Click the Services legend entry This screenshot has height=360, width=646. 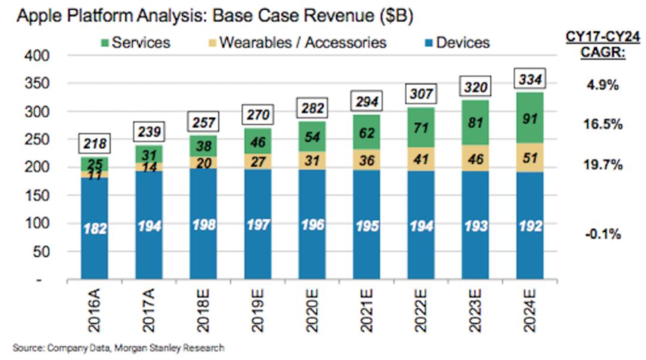click(136, 42)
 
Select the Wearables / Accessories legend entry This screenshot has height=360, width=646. click(297, 42)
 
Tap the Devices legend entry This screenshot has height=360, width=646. click(458, 42)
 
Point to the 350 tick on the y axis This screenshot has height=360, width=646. click(36, 83)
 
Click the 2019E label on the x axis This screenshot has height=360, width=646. click(257, 310)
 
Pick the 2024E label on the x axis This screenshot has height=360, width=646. click(529, 310)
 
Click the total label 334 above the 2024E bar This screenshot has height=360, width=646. click(530, 79)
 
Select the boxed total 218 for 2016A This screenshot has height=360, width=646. click(95, 144)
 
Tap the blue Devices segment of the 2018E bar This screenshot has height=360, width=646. click(203, 224)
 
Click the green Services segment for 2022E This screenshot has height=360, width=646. click(420, 127)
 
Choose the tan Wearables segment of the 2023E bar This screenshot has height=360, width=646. click(475, 158)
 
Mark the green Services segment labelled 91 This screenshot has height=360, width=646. click(530, 118)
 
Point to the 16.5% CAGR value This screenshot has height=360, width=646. click(603, 124)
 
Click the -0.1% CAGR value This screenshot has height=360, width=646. click(603, 234)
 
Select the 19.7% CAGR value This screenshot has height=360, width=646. click(603, 165)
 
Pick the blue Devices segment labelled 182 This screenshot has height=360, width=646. click(95, 228)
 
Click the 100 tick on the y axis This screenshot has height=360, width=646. click(36, 223)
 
